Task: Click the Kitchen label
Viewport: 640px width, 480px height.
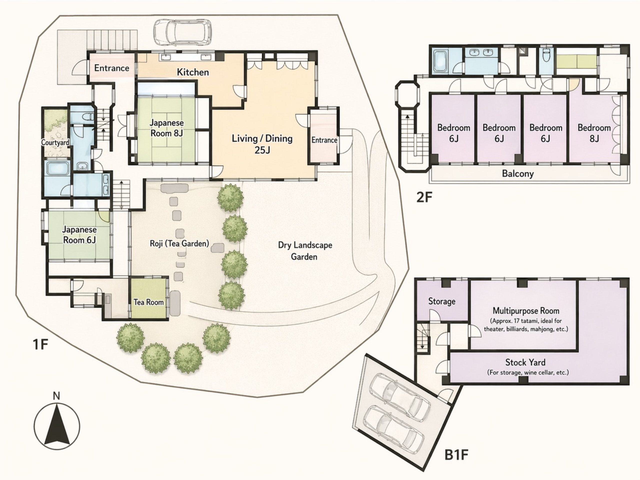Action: coord(193,72)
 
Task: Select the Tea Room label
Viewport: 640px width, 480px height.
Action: coord(149,302)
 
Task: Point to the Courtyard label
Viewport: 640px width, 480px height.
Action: coord(55,142)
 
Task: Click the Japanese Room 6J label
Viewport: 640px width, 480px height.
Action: coord(79,235)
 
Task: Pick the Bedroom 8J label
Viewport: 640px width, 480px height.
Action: coord(594,133)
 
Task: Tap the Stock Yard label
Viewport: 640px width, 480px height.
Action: coord(525,362)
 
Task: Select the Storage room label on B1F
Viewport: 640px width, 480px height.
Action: coord(441,301)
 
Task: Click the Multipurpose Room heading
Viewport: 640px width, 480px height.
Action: coord(526,311)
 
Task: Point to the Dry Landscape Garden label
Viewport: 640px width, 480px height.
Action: coord(305,251)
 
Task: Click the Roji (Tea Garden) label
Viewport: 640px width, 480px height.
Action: coord(179,243)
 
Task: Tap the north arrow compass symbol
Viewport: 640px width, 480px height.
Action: coord(57,426)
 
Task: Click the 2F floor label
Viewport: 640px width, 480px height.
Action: coord(424,197)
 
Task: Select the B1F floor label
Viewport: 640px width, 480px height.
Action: coord(456,454)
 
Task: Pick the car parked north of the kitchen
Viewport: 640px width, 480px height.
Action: coord(182,32)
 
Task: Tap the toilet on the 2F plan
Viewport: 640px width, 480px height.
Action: coord(546,59)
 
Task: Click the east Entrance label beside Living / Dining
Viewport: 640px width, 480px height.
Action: coord(324,140)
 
